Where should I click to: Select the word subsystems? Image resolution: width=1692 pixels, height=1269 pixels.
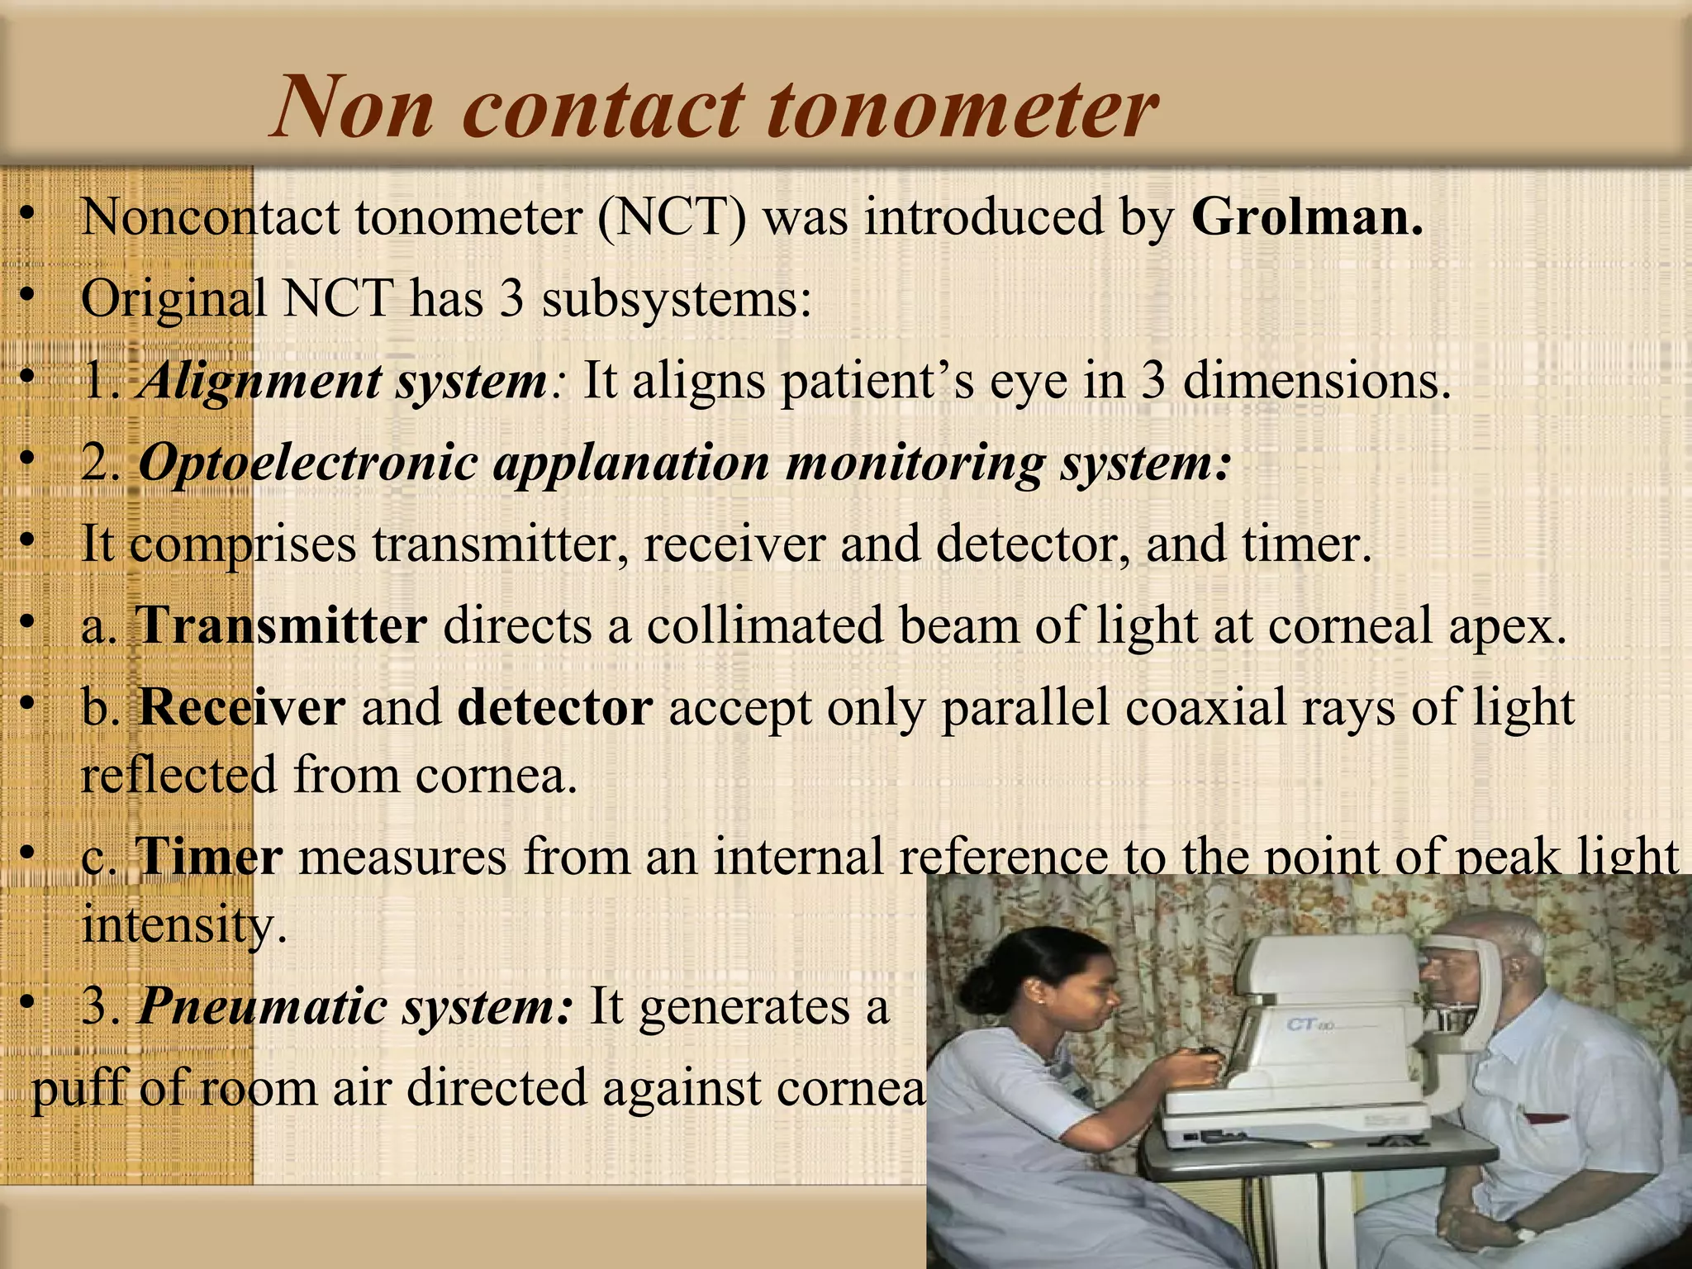point(677,299)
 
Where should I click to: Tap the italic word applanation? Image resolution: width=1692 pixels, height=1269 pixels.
point(631,463)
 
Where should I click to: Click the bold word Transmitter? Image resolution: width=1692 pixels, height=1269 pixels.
point(282,625)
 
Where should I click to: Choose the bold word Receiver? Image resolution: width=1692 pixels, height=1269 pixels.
point(242,708)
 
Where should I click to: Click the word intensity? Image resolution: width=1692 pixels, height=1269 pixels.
point(183,925)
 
